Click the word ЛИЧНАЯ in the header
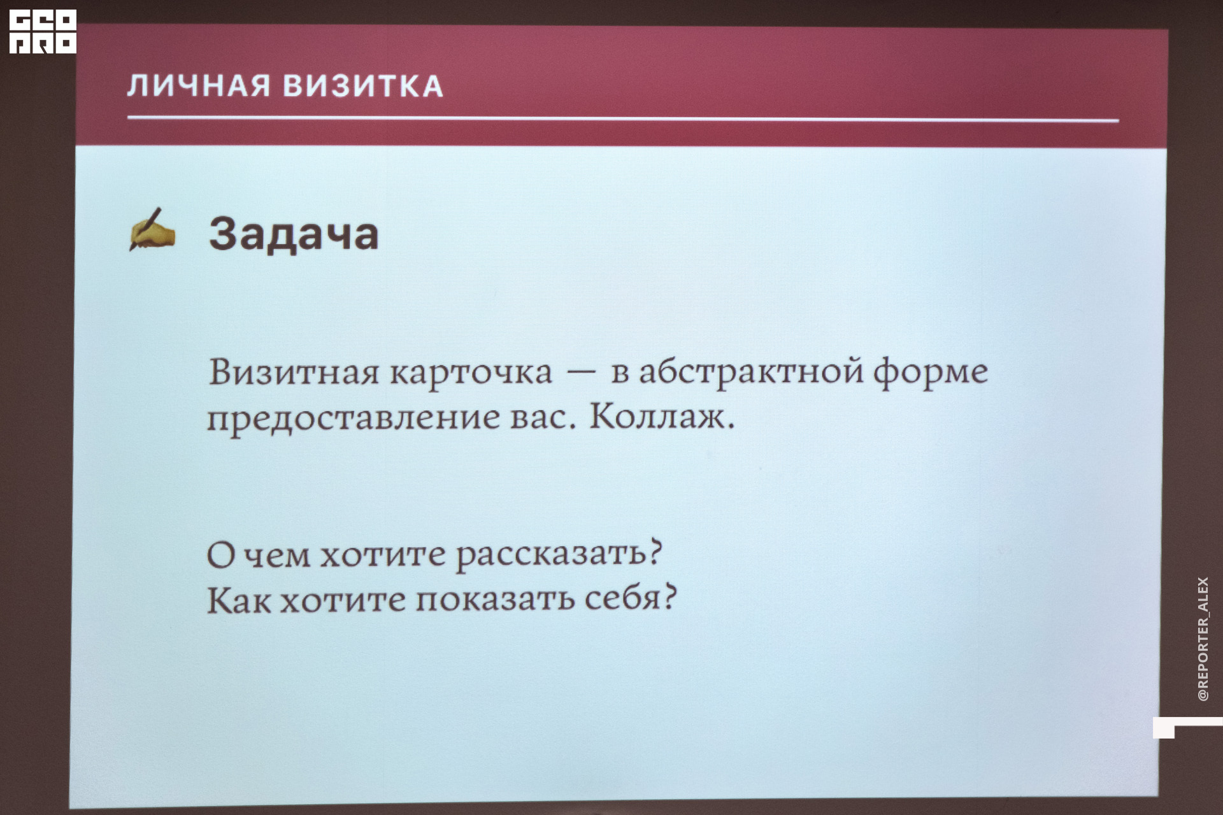(x=199, y=86)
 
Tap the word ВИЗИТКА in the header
(x=363, y=87)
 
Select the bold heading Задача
(x=294, y=234)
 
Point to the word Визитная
(x=294, y=372)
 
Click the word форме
(x=931, y=373)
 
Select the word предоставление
(x=354, y=419)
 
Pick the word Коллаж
(x=662, y=418)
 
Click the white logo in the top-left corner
(x=43, y=31)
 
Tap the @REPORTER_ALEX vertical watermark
(x=1203, y=639)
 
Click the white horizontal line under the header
(x=623, y=118)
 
